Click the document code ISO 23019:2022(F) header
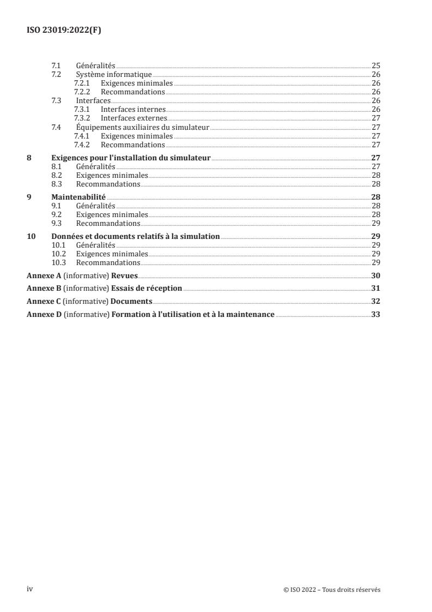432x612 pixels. click(64, 31)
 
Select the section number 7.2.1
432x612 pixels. click(83, 83)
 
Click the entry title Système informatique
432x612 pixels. click(114, 74)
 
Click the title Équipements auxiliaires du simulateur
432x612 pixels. click(143, 127)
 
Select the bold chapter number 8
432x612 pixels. click(29, 158)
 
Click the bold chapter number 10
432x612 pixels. click(31, 236)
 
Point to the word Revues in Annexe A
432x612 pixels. click(124, 275)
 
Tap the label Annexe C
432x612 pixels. click(44, 301)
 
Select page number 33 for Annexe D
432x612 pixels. click(375, 314)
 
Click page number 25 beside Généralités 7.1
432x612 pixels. click(375, 65)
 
